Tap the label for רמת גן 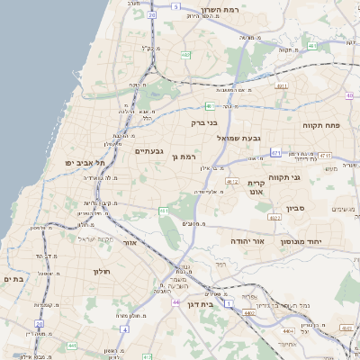(x=184, y=157)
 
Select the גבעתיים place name (x=149, y=151)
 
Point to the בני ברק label (x=204, y=122)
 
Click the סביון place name (x=296, y=209)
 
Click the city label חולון (x=100, y=271)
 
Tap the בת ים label (x=12, y=279)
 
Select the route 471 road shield (x=274, y=154)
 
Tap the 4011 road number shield (x=282, y=86)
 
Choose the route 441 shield (x=70, y=345)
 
